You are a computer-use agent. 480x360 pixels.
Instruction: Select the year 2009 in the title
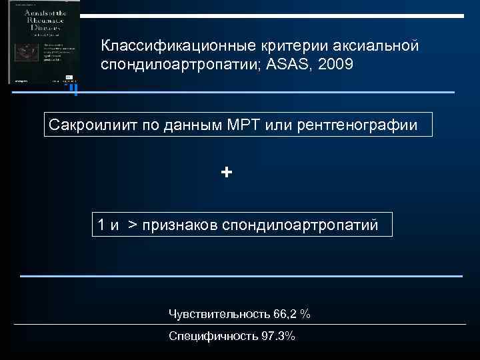pos(335,65)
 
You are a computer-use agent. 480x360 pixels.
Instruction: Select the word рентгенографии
pos(362,125)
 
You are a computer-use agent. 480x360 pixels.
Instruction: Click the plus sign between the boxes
pos(227,173)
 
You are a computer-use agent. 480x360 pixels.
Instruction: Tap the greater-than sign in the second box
pos(132,225)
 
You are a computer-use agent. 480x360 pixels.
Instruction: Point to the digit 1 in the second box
pos(101,225)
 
